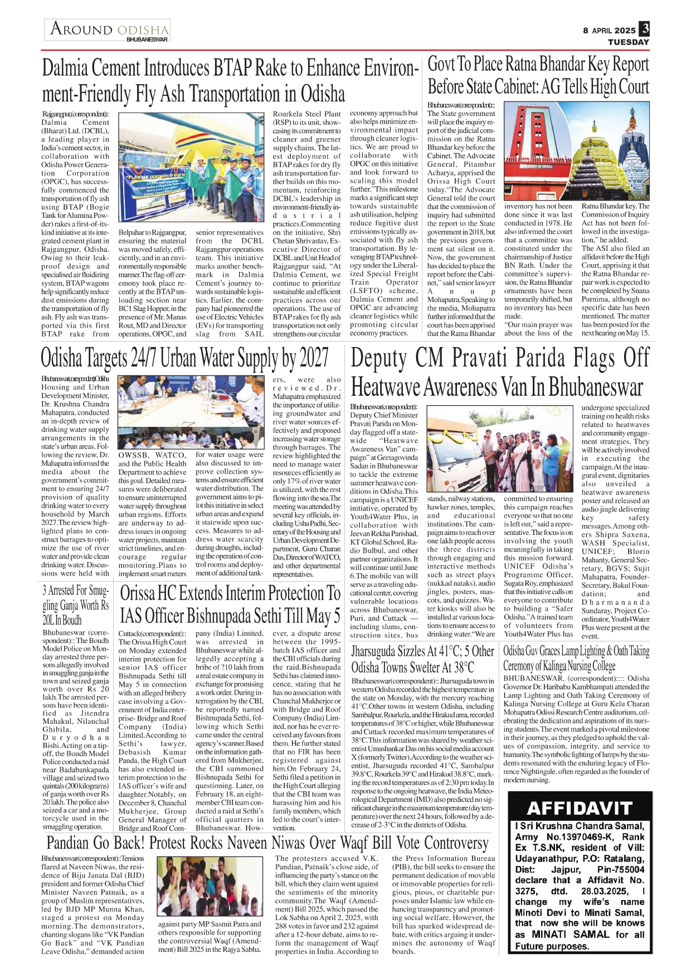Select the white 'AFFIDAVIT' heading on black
[580, 808]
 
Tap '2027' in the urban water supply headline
[308, 358]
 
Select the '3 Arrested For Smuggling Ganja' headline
[76, 605]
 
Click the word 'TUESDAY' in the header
[628, 42]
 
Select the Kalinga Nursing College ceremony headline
[576, 658]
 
